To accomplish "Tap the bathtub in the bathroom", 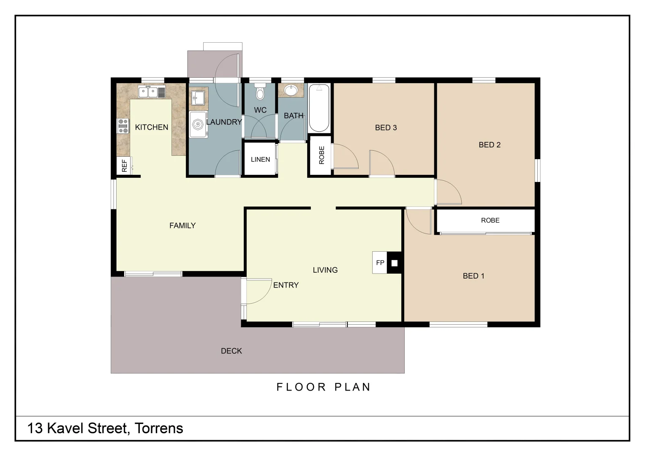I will pyautogui.click(x=319, y=109).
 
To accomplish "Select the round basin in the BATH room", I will pyautogui.click(x=291, y=90).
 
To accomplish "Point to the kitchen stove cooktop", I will pyautogui.click(x=123, y=126).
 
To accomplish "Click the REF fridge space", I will pyautogui.click(x=124, y=166).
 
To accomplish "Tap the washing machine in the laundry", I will pyautogui.click(x=198, y=125).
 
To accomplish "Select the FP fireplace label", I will pyautogui.click(x=380, y=263).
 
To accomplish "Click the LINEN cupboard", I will pyautogui.click(x=260, y=159).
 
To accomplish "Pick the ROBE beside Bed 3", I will pyautogui.click(x=321, y=155).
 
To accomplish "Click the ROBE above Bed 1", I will pyautogui.click(x=490, y=220).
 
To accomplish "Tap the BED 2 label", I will pyautogui.click(x=489, y=145).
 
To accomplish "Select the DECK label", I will pyautogui.click(x=231, y=351).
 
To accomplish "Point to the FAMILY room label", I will pyautogui.click(x=182, y=225).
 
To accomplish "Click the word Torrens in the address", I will pyautogui.click(x=159, y=428).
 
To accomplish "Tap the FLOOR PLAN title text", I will pyautogui.click(x=324, y=387).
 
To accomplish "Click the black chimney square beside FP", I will pyautogui.click(x=394, y=263).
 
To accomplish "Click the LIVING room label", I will pyautogui.click(x=325, y=270).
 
